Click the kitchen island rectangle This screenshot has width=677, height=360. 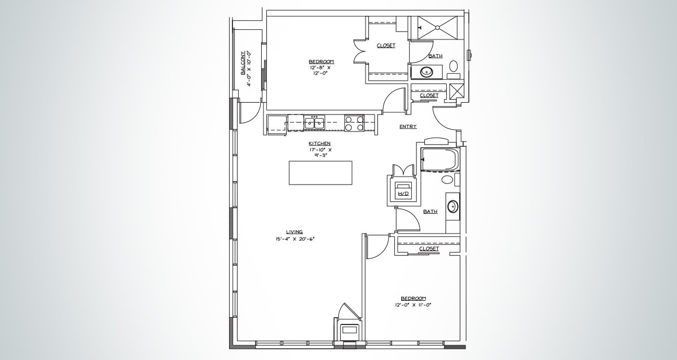point(320,173)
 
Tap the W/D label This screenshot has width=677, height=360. point(403,194)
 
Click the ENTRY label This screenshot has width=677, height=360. point(408,126)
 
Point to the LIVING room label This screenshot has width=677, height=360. point(294,231)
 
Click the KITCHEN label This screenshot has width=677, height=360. point(319,143)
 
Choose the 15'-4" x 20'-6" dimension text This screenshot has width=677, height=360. point(295,239)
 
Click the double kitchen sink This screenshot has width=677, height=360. point(314,122)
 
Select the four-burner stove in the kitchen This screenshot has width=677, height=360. point(354,123)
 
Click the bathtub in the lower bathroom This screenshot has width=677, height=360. point(439,160)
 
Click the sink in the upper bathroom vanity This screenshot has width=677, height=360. point(426,72)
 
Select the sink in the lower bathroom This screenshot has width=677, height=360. point(453,206)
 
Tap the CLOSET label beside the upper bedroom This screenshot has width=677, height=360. point(386,46)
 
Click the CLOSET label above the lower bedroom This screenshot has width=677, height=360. point(429,248)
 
